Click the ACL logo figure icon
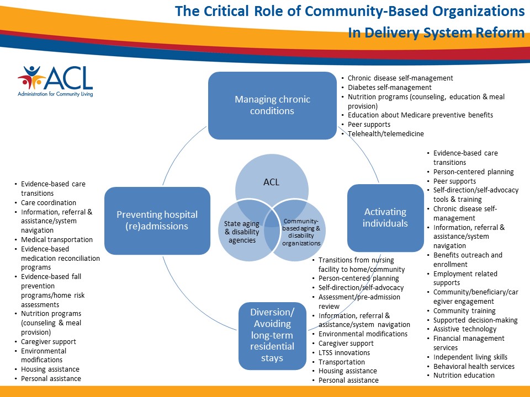point(30,78)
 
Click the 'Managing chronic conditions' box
point(272,105)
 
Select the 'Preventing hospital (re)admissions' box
point(157,221)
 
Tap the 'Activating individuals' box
point(385,217)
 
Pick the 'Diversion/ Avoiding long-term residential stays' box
point(272,335)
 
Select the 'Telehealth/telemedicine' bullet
point(386,134)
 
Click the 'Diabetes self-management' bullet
point(390,87)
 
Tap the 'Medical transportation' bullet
point(57,240)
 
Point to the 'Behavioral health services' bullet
point(474,366)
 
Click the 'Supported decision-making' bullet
point(475,320)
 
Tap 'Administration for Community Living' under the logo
point(55,94)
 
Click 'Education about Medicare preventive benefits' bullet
point(420,115)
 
